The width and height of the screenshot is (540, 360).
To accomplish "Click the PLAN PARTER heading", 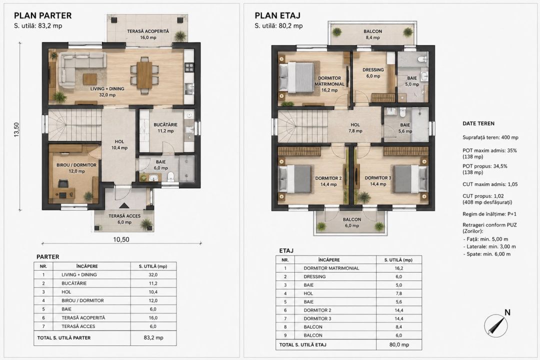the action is click(x=42, y=15).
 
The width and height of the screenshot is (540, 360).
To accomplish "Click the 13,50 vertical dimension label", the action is click(x=16, y=129).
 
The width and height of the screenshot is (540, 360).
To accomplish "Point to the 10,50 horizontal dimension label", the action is click(x=121, y=239).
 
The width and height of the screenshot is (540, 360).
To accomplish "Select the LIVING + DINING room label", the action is click(x=107, y=88).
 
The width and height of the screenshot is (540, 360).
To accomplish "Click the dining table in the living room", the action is click(x=144, y=75).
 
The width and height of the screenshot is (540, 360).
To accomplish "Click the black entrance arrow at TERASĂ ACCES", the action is click(x=124, y=205).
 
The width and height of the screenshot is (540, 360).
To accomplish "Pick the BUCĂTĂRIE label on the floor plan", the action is click(x=165, y=124).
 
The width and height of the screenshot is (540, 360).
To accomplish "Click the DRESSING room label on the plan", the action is click(x=373, y=69).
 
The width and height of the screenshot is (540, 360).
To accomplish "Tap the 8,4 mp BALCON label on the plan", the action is click(x=372, y=34).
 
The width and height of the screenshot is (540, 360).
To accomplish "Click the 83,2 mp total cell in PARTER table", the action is click(x=153, y=337).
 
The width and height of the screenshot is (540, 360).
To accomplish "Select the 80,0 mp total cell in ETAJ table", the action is click(x=399, y=344).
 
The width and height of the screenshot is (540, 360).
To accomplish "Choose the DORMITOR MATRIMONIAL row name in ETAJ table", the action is click(x=331, y=268).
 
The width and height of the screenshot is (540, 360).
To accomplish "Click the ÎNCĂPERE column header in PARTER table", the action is click(x=87, y=266).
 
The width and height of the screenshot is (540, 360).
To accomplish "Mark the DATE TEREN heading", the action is click(x=478, y=123).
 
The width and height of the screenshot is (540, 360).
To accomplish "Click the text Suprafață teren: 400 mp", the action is click(x=490, y=137).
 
